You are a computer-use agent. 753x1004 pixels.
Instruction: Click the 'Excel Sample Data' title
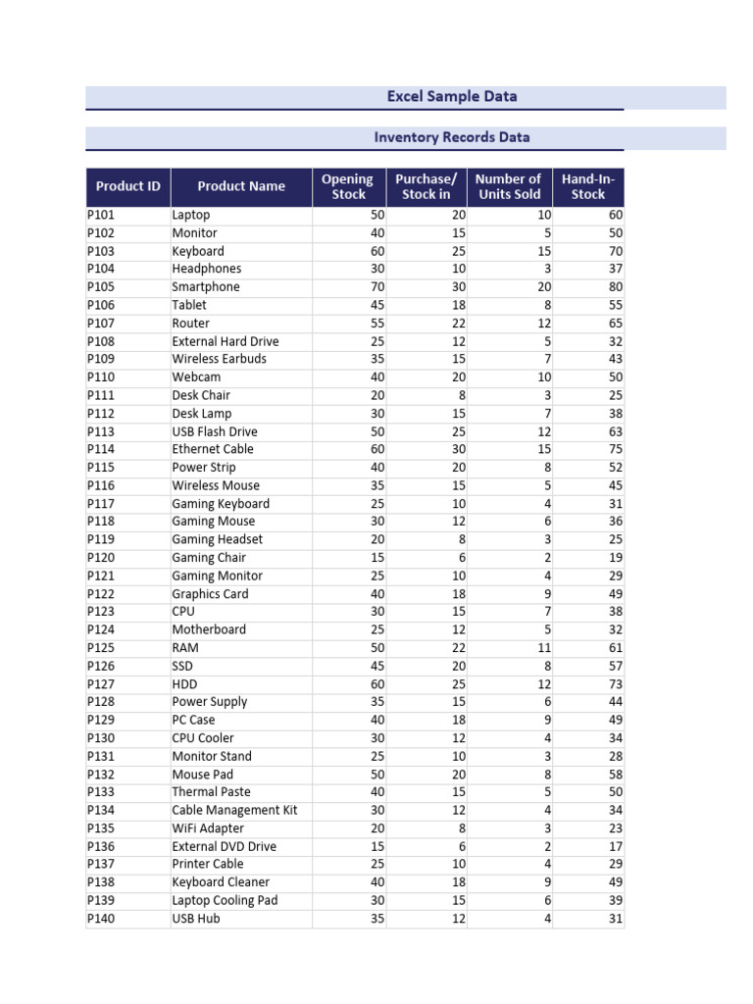click(451, 96)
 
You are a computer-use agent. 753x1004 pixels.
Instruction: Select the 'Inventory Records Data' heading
click(451, 137)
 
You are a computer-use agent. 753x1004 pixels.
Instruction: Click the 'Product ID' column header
click(127, 186)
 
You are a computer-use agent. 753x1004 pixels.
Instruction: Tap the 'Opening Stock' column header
click(348, 186)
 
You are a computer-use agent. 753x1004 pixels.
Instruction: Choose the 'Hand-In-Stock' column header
click(588, 186)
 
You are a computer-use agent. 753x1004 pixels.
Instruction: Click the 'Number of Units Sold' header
click(508, 186)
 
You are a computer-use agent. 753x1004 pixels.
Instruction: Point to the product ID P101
click(101, 215)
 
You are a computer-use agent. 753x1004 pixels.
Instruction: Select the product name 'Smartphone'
click(206, 287)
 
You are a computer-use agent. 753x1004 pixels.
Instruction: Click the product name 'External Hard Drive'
click(226, 341)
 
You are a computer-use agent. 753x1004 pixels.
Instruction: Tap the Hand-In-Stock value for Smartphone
click(615, 287)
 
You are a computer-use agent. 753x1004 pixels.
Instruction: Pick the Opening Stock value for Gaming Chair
click(377, 558)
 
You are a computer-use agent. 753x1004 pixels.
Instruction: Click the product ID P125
click(101, 648)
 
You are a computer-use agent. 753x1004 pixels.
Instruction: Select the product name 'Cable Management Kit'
click(234, 810)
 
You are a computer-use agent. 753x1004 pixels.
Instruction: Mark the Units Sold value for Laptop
click(544, 215)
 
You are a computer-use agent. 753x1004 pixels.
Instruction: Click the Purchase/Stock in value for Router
click(459, 324)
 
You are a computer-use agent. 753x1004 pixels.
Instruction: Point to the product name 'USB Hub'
click(196, 919)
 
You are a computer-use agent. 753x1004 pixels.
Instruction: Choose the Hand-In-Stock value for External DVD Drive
click(615, 846)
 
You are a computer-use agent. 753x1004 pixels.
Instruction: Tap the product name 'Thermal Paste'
click(211, 792)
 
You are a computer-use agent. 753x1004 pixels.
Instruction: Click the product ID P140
click(101, 919)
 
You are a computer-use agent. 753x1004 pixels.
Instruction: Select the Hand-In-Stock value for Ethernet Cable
click(615, 449)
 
